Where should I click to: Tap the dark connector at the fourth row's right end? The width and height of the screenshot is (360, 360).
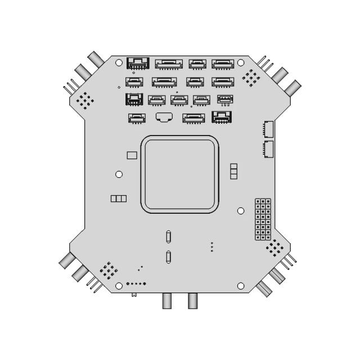222,118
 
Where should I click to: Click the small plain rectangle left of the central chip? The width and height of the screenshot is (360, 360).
132,155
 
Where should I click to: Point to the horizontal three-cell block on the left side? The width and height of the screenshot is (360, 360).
118,199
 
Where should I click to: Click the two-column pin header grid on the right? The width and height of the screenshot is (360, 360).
263,219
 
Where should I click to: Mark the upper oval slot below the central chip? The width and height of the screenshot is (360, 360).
169,237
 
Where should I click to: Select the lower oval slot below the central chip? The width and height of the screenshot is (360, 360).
169,258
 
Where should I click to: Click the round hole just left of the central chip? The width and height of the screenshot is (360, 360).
119,174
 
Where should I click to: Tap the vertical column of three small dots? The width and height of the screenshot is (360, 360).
211,247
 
